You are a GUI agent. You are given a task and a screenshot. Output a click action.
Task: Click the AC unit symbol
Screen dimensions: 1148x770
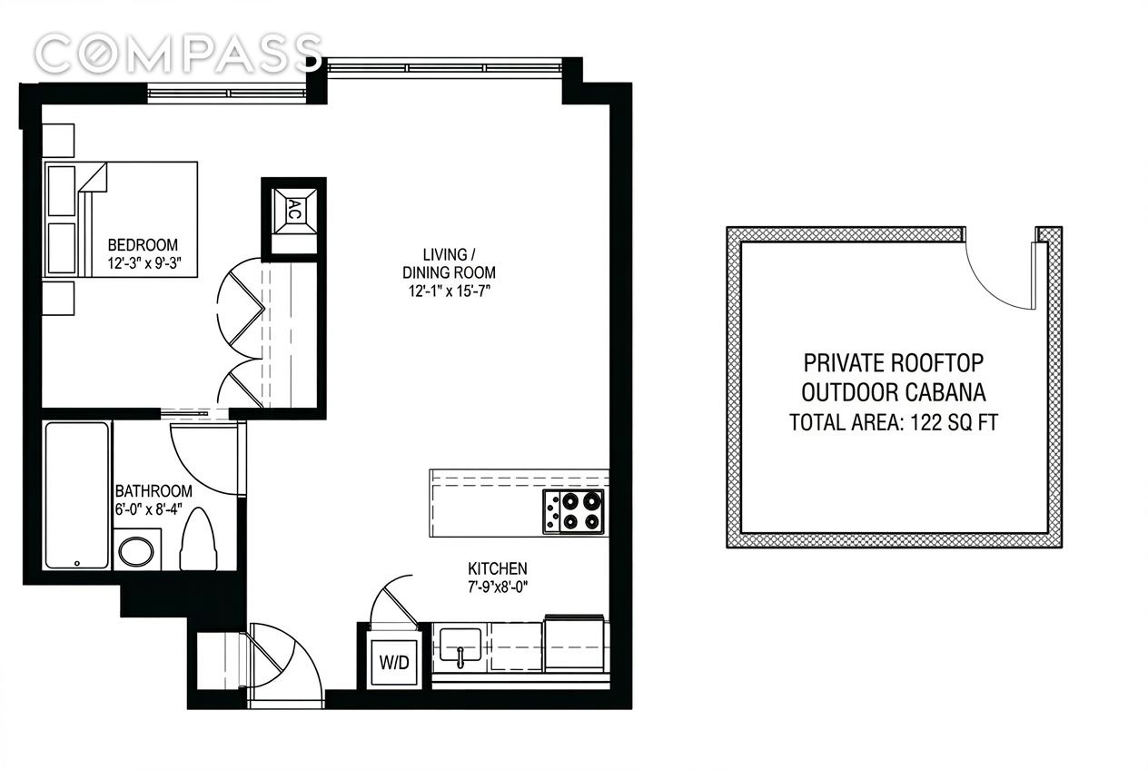[293, 211]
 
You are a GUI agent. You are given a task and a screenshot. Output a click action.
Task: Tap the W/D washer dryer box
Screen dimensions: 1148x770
[394, 662]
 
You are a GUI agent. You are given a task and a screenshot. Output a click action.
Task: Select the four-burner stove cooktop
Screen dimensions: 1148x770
[573, 512]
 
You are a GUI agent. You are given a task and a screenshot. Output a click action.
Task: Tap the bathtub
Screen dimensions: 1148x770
[77, 496]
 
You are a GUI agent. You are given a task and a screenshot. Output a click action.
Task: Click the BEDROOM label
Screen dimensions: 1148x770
[143, 245]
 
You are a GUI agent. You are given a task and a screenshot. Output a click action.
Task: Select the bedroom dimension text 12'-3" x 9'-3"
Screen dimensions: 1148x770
[145, 262]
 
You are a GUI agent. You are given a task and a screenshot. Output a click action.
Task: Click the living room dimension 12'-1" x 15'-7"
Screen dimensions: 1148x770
[449, 291]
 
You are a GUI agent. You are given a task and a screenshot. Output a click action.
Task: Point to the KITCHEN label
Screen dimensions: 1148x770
[497, 568]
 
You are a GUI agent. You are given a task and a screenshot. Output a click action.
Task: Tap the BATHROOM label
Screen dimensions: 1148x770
[153, 491]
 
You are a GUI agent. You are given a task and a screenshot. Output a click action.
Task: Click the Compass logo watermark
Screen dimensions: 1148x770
[178, 54]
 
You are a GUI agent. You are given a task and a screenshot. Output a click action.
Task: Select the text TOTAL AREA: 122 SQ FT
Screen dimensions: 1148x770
[894, 422]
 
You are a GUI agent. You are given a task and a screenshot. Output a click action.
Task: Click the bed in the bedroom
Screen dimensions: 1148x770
[121, 219]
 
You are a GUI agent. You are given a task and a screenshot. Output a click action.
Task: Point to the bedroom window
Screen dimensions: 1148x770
[226, 94]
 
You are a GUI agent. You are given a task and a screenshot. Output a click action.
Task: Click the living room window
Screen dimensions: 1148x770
[444, 67]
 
